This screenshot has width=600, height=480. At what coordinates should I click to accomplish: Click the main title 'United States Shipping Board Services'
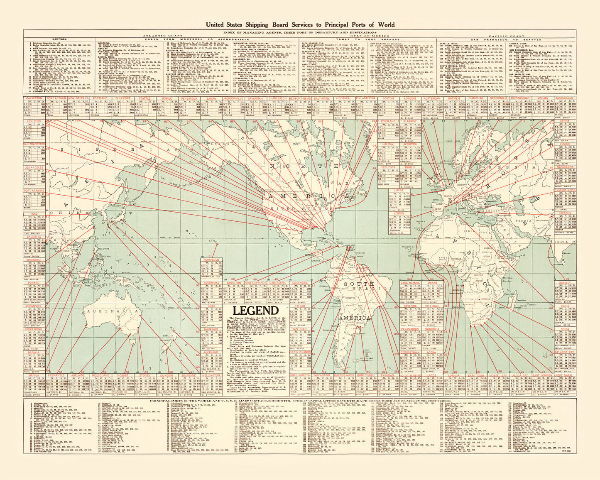[x=300, y=24]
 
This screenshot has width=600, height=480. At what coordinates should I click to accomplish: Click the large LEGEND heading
[x=255, y=311]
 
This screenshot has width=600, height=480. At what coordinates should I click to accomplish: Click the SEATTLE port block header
[x=144, y=98]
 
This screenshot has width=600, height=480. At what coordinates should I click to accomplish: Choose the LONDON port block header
[x=409, y=98]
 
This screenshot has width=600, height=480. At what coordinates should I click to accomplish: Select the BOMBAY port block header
[x=565, y=283]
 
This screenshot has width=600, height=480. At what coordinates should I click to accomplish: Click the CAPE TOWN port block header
[x=477, y=375]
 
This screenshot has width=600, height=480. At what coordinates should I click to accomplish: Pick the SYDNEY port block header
[x=145, y=375]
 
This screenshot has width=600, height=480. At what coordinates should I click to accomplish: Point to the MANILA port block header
[x=34, y=375]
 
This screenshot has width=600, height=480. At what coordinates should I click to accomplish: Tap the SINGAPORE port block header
[x=34, y=306]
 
